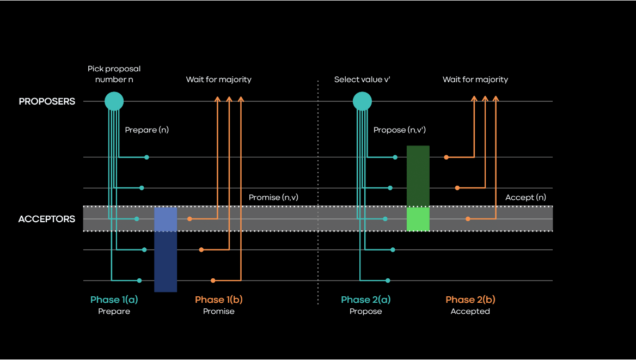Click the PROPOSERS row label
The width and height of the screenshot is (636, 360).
tap(47, 101)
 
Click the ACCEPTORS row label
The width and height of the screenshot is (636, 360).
tap(47, 219)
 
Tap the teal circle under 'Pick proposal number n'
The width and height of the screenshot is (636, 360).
tap(114, 101)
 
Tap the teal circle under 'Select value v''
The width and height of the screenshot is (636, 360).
tap(362, 101)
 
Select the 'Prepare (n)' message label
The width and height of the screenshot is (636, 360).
tap(146, 130)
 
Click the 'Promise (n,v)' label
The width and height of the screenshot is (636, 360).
tap(273, 197)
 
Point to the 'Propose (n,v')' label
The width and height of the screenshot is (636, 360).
tap(399, 130)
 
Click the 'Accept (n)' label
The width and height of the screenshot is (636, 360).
tap(525, 197)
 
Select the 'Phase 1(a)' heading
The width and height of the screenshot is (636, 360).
tap(114, 300)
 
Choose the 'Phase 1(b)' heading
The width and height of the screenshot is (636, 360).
tap(218, 300)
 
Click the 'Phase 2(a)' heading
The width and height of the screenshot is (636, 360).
tap(365, 300)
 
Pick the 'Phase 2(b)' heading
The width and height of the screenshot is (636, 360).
tap(470, 300)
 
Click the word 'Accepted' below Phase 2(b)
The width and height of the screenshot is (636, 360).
tap(470, 312)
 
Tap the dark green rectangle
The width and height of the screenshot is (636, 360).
tap(418, 175)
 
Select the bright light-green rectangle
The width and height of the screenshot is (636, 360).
tap(418, 219)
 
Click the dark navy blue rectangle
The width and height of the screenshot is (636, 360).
tap(166, 261)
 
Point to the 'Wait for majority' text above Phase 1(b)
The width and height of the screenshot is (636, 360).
tap(218, 80)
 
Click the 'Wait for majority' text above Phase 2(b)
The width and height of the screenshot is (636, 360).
tap(475, 80)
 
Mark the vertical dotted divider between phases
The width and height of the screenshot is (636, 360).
tap(318, 191)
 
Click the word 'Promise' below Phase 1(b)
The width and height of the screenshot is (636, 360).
tap(218, 312)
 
